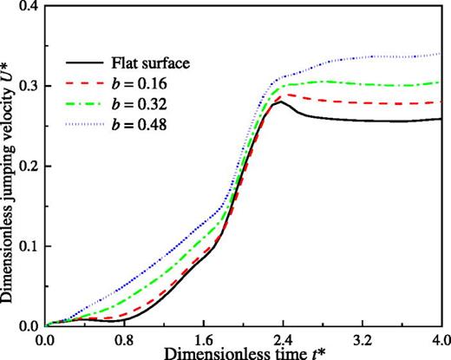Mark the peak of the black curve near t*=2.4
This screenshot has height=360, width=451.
point(281,101)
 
